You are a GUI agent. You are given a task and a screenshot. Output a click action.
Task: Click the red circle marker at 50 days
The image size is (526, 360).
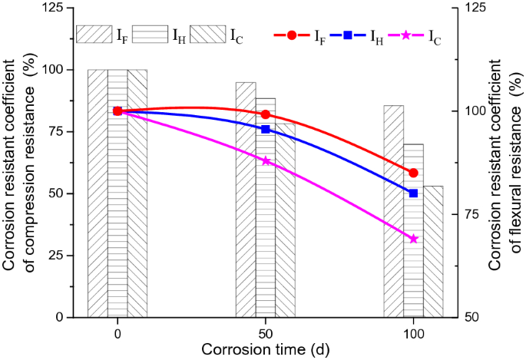tap(266, 114)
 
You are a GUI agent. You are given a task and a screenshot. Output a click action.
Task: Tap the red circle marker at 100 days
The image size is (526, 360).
tap(414, 173)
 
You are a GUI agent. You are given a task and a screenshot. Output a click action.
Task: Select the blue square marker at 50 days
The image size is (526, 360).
tap(266, 129)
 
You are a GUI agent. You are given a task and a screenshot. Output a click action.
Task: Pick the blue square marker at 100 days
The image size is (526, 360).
tap(414, 193)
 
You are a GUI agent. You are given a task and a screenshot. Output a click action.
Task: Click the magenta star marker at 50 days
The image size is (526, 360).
tap(266, 160)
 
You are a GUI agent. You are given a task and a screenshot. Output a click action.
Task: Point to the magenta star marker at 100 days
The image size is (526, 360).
tap(414, 239)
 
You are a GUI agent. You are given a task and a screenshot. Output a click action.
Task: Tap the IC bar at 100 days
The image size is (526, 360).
tap(433, 253)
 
